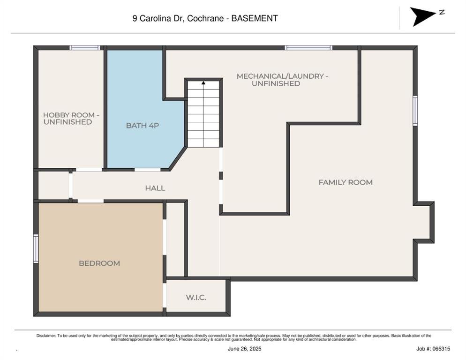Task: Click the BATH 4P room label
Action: [x=143, y=126]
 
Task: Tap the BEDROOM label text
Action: [x=99, y=263]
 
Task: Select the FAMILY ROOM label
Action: [x=346, y=182]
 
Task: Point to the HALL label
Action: [x=155, y=188]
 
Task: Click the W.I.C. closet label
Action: [x=196, y=297]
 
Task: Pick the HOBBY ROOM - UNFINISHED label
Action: [x=71, y=118]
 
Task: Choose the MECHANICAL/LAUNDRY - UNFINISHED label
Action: [x=282, y=80]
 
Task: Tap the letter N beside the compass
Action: [x=442, y=12]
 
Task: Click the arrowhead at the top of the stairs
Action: [x=203, y=83]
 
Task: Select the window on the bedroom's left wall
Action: [x=36, y=248]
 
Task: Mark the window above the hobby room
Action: [x=85, y=47]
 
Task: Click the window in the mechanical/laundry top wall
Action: [x=308, y=47]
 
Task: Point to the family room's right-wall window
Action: [x=415, y=111]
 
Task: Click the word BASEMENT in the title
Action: [x=255, y=18]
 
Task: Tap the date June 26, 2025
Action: [x=245, y=349]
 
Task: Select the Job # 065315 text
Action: [x=433, y=349]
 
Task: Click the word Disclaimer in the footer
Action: [x=46, y=336]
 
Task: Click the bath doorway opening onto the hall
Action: [x=148, y=170]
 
